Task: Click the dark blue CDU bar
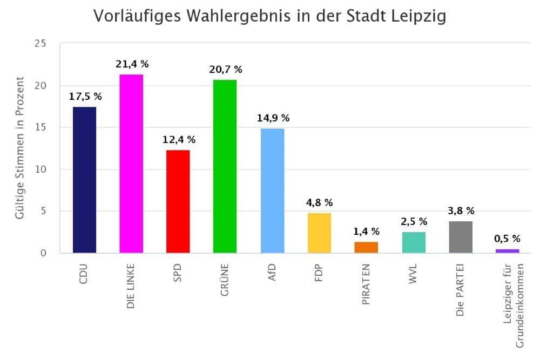pos(84,180)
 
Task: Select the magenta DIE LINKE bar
pos(131,164)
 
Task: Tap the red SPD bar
pos(178,201)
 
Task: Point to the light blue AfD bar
pos(272,191)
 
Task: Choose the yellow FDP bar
pos(319,233)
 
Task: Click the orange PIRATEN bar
pos(366,247)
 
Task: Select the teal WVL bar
pos(414,242)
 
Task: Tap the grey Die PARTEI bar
pos(461,237)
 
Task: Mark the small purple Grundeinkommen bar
pos(508,251)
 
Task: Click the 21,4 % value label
pos(132,64)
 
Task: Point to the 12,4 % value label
pos(179,140)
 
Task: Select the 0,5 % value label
pos(508,239)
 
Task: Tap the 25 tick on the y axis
pos(40,44)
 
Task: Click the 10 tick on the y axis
pos(40,169)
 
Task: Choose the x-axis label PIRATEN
pos(367,285)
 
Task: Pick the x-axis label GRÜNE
pos(225,281)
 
